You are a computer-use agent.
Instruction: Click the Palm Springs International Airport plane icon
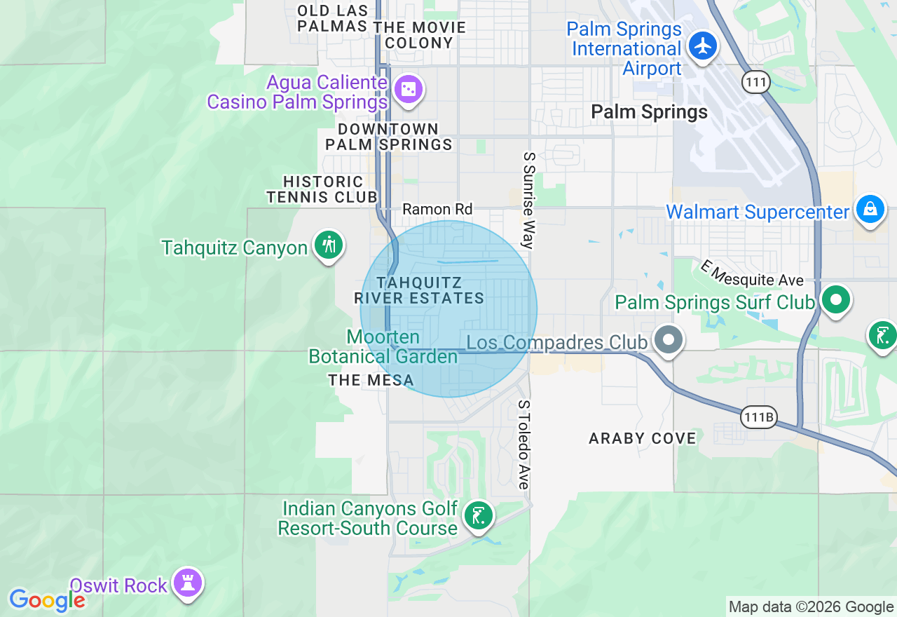point(702,46)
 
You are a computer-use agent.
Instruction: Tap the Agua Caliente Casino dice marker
point(409,90)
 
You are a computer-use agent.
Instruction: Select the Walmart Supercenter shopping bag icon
point(870,210)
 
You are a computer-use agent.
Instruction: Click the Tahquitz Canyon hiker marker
point(328,245)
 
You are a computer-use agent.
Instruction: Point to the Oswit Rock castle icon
point(188,583)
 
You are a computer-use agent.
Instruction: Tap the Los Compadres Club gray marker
point(669,341)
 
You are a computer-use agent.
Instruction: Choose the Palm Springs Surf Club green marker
point(835,301)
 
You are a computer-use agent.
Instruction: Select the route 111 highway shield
point(756,83)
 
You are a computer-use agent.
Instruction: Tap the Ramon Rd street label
point(437,209)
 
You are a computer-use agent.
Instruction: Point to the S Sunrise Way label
point(529,201)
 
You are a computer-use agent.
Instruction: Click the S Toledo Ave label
point(523,445)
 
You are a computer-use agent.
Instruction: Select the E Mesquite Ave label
point(752,273)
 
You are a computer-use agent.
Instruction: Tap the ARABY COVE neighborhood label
point(643,438)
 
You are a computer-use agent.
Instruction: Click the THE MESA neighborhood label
point(371,381)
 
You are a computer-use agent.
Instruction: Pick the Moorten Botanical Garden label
point(383,347)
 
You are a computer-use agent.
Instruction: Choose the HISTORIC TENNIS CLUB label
point(323,189)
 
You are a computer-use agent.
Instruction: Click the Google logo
point(47,600)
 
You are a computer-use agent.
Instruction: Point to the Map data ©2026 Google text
point(811,607)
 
